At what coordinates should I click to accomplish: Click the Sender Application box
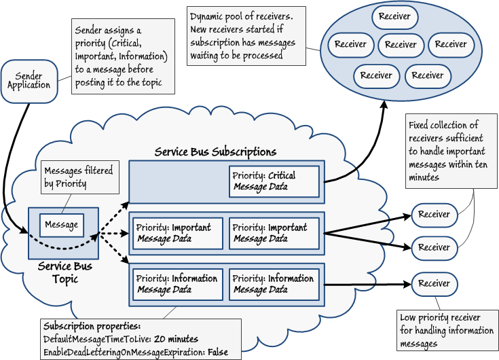pos(29,81)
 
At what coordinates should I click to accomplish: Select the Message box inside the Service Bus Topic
pos(60,224)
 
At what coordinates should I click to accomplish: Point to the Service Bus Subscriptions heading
pos(215,152)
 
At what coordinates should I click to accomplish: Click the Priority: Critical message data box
pos(273,181)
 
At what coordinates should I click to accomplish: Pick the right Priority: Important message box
pos(273,233)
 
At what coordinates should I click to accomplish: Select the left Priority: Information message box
pos(177,284)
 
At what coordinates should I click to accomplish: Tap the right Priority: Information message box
pos(273,284)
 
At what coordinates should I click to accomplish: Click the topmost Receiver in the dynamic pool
pos(394,16)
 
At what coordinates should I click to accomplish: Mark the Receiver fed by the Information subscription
pos(434,283)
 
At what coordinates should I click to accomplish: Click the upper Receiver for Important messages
pos(434,215)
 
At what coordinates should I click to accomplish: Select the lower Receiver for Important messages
pos(434,248)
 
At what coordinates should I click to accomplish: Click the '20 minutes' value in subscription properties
pos(175,339)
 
